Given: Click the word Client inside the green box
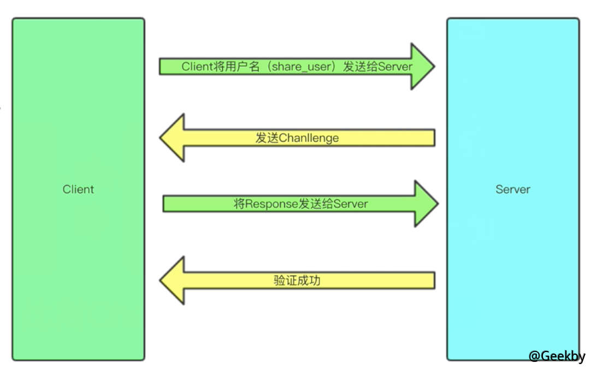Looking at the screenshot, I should click(78, 189).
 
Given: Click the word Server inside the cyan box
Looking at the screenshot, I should click(512, 189).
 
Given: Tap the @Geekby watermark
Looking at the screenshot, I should click(556, 356).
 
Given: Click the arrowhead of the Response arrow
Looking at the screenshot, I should click(425, 204).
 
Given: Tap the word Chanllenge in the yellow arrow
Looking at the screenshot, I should click(309, 138).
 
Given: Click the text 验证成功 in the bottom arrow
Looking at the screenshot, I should click(297, 281).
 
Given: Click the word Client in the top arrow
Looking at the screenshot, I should click(197, 67).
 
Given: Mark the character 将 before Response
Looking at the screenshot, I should click(239, 204).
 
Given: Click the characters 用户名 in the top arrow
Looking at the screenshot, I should click(242, 67).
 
